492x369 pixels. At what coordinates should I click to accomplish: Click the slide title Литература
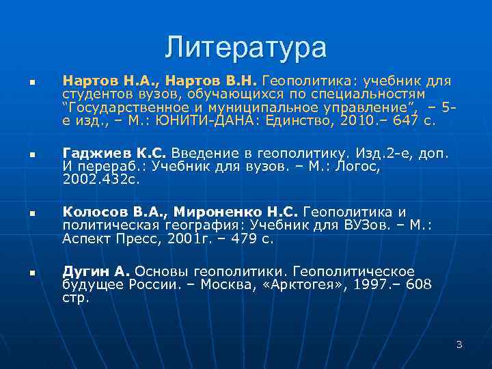pos(245,47)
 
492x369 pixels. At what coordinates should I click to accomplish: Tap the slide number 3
pos(459,344)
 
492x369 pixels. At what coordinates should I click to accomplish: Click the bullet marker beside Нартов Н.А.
pos(31,82)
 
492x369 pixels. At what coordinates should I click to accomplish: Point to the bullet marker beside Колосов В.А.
pos(31,215)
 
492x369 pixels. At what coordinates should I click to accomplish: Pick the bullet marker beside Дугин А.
pos(31,273)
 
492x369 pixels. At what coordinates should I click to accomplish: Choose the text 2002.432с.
pos(100,178)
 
